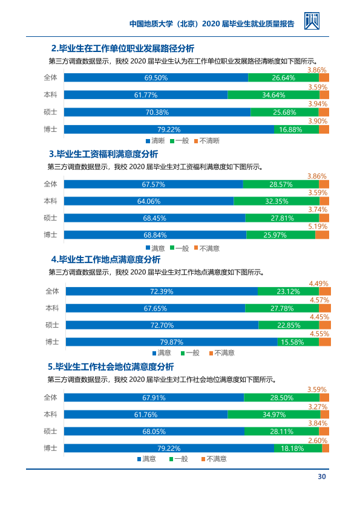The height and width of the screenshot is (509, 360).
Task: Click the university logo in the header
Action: pos(312,21)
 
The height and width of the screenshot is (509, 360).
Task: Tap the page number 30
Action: pos(322,476)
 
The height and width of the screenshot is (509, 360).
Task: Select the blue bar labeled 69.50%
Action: pos(156,77)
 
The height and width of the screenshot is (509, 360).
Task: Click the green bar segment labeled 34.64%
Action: pos(273,95)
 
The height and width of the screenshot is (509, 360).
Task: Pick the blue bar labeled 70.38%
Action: pos(157,112)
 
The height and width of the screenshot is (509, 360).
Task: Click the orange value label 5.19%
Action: pos(318,226)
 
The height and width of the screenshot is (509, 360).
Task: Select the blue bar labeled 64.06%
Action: pos(149,201)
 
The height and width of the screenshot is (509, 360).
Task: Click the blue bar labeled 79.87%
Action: pos(172,342)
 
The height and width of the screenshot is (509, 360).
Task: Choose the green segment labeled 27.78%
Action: pos(282,308)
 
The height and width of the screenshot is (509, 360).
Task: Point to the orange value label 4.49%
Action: pos(319,284)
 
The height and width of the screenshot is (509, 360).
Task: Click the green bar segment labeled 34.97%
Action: pos(274,414)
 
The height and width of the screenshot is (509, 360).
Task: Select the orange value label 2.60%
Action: pos(318,440)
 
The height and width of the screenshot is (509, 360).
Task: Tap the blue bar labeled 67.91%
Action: pos(154,397)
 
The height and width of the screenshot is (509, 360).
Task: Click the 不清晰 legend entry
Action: pos(207,141)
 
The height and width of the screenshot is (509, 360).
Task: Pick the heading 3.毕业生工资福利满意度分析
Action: pos(103,154)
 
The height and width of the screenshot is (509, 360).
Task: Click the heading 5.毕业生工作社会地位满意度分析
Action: pos(111,366)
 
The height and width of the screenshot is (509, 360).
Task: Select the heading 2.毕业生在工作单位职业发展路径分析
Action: pos(123,48)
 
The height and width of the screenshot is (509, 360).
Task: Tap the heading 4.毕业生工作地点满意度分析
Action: pos(106,259)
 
